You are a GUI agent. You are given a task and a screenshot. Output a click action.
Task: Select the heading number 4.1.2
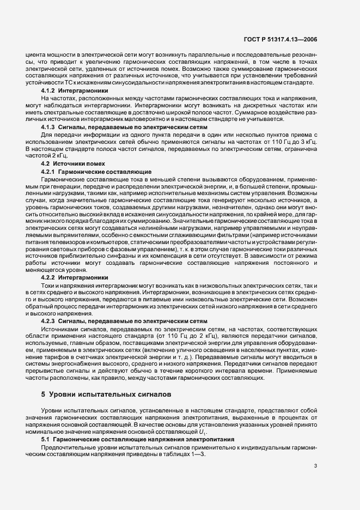click(x=51, y=90)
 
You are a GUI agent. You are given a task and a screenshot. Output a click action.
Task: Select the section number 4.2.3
click(x=51, y=321)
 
